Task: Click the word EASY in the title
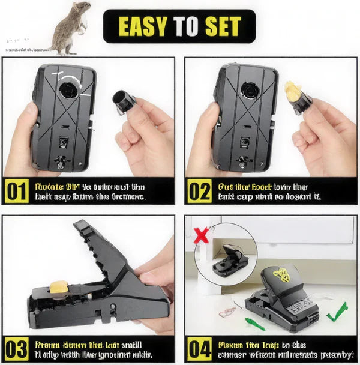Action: pos(143,26)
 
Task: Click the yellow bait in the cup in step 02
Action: pos(292,91)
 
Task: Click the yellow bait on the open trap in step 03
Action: pos(58,289)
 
